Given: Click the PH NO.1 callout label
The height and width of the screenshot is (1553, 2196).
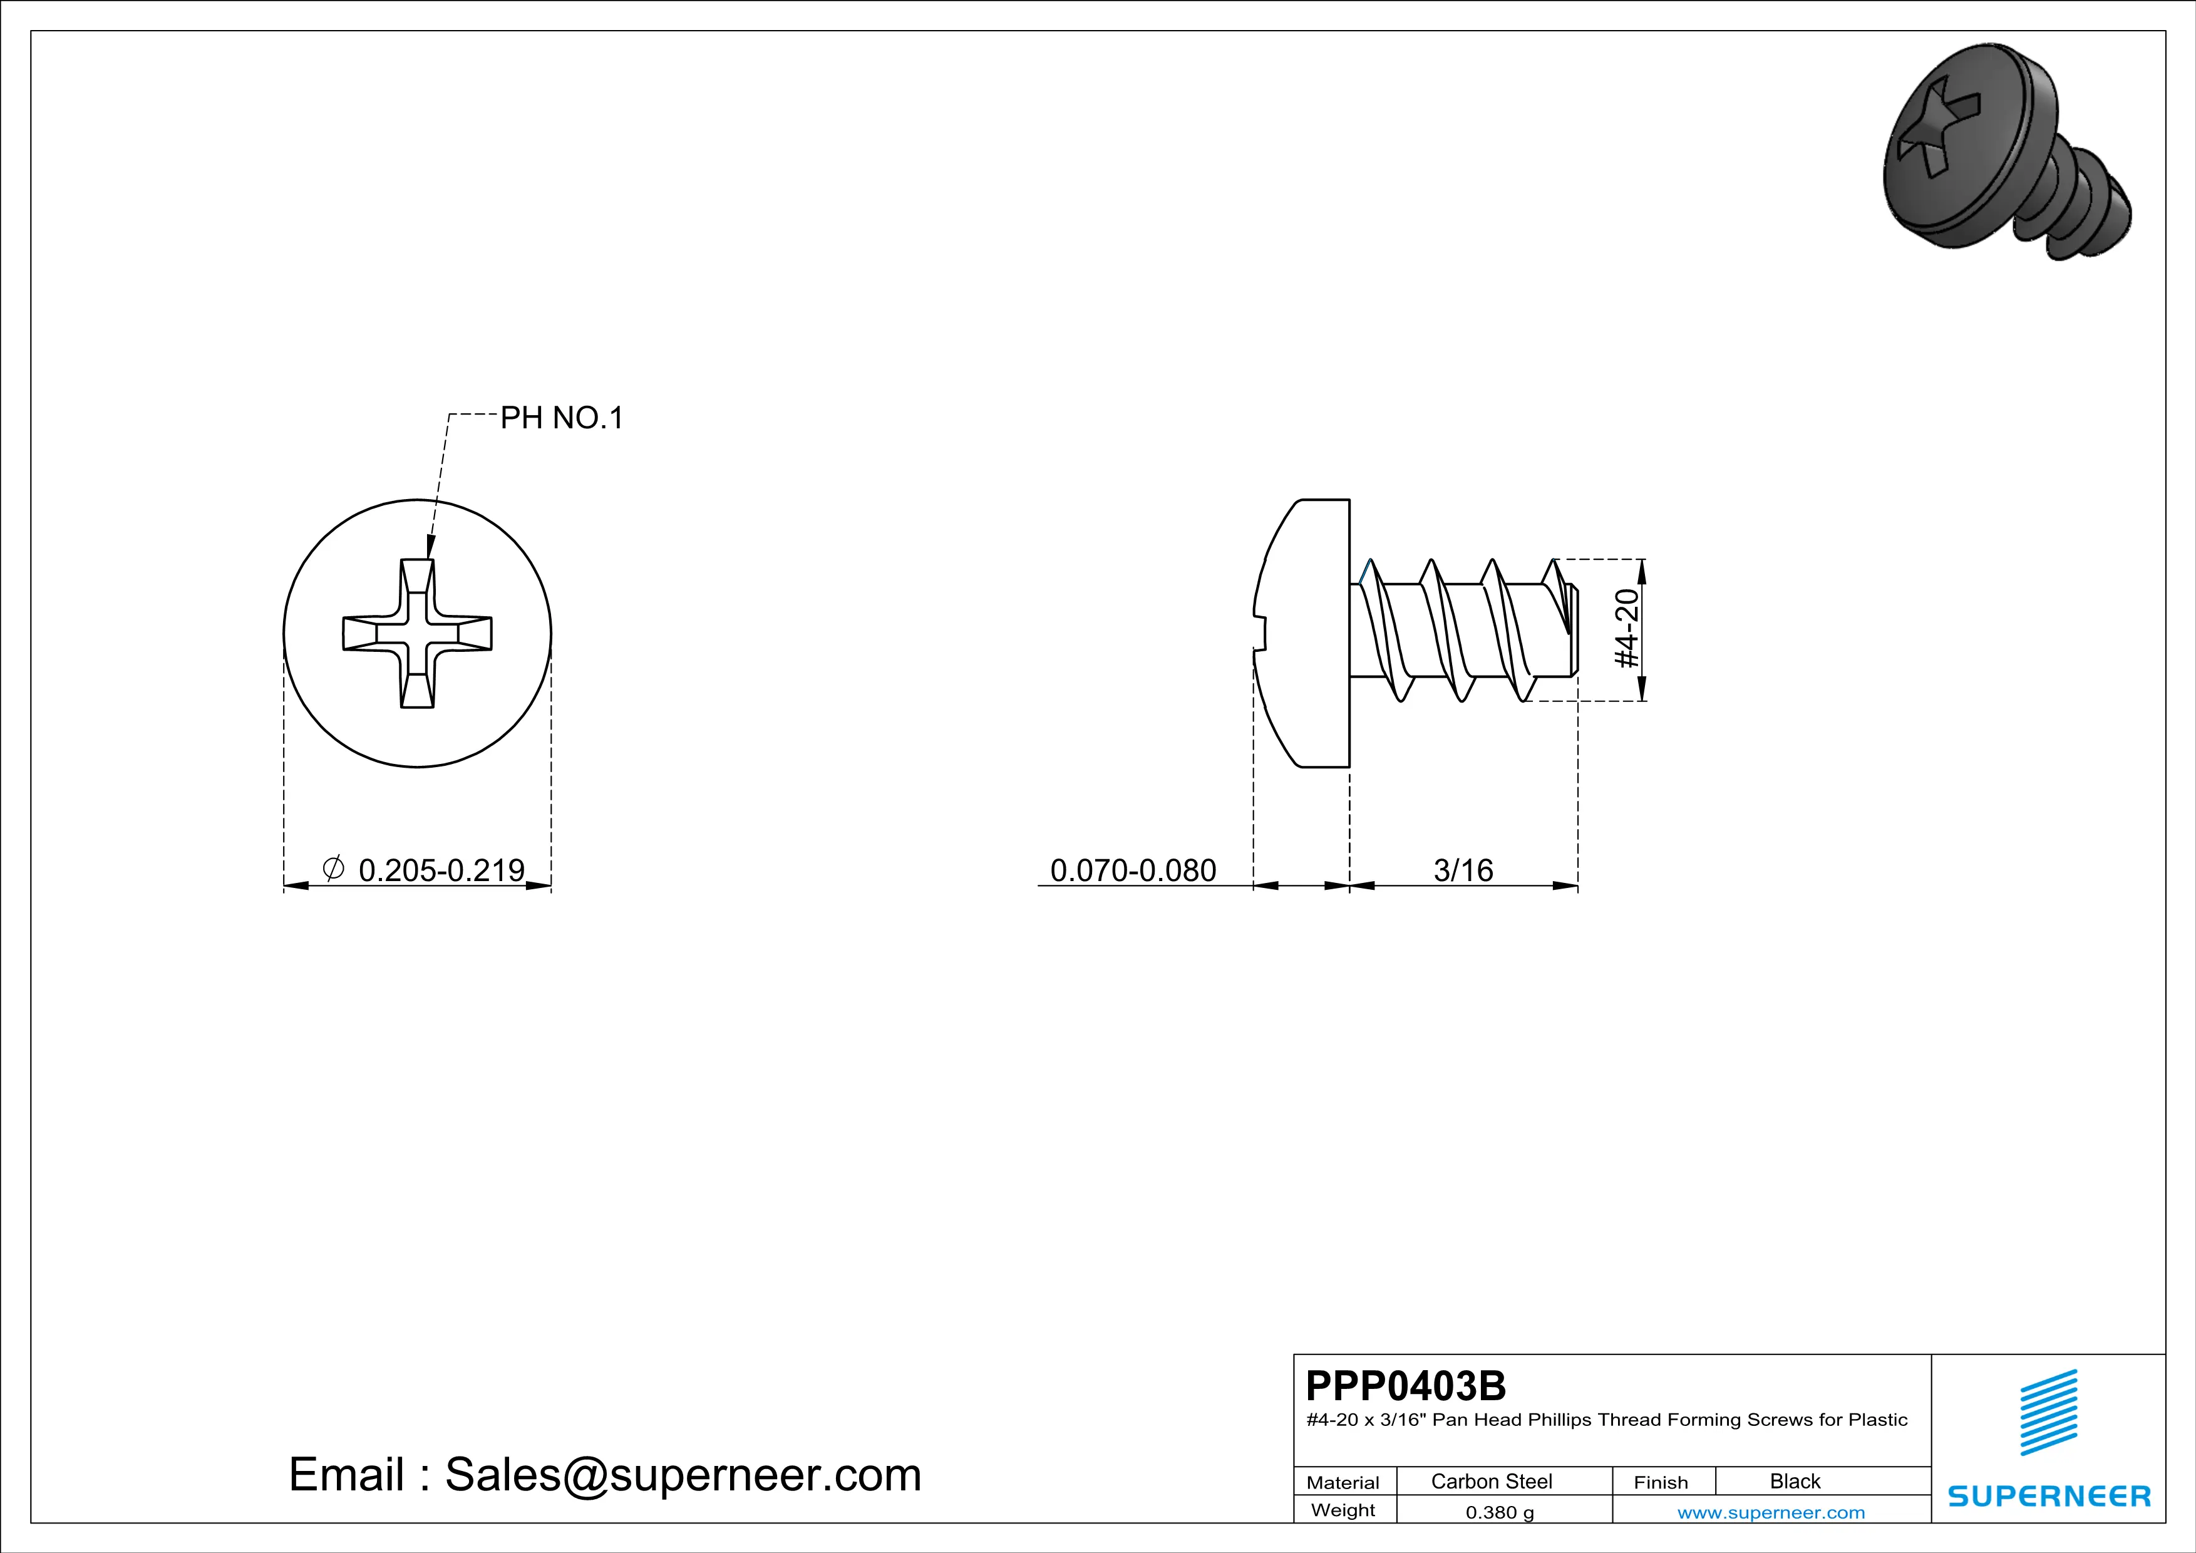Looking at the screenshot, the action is pyautogui.click(x=562, y=418).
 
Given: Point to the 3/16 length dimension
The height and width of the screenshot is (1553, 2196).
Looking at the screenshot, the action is pyautogui.click(x=1463, y=870).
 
